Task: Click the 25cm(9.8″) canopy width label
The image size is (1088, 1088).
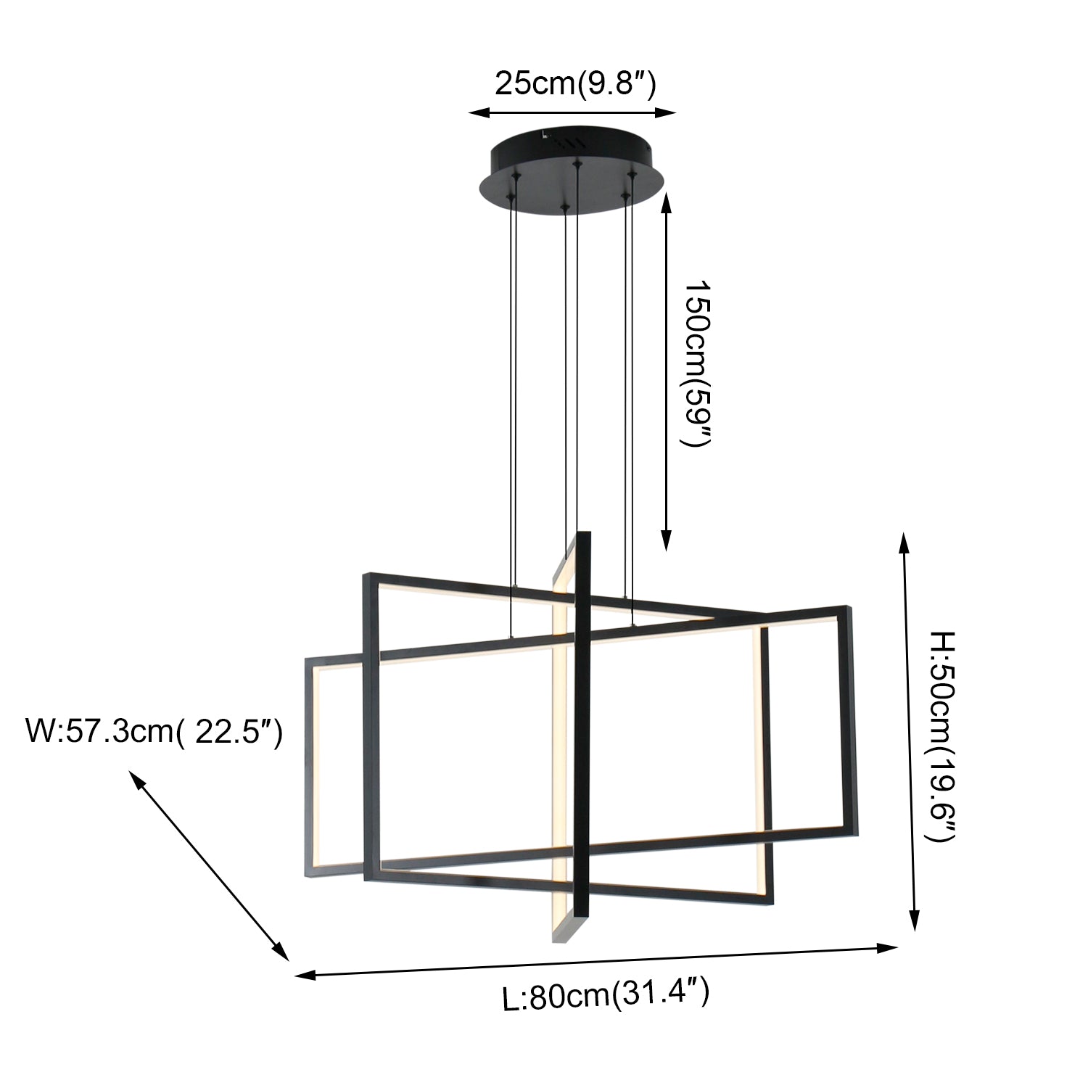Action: click(x=574, y=84)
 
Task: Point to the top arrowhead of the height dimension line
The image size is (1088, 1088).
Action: click(x=904, y=541)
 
